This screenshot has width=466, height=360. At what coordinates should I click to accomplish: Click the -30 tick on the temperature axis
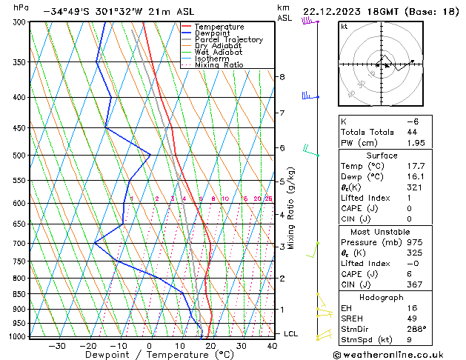click(56, 345)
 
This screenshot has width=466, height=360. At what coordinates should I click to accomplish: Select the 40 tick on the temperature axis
click(273, 345)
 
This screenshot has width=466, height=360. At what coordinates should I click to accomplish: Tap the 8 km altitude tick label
click(282, 77)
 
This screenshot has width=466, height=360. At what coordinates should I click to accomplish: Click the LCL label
click(291, 334)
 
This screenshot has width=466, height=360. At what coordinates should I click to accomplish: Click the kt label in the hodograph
click(344, 27)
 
